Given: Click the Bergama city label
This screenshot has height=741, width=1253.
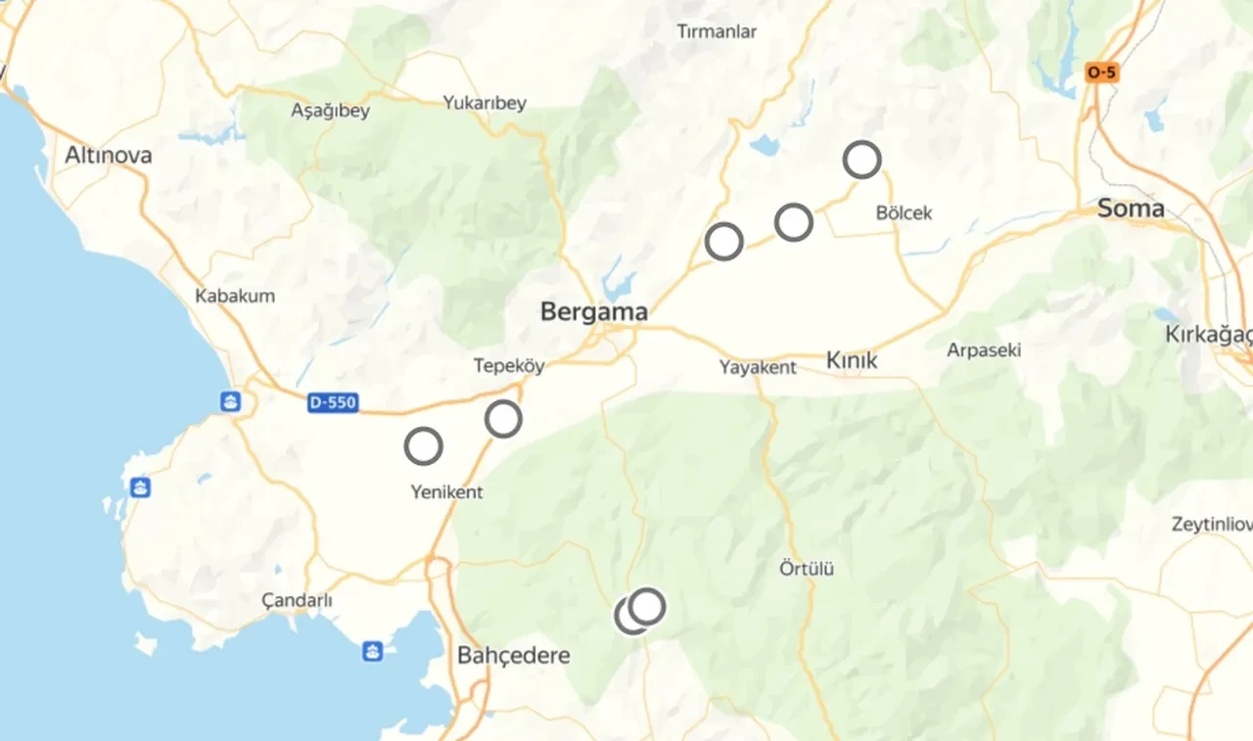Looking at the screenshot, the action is (x=593, y=312).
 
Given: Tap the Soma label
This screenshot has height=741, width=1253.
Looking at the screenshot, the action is (x=1131, y=208).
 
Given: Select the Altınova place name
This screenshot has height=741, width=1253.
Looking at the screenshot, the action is (x=109, y=156).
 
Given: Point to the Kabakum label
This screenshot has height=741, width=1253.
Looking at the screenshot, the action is (x=235, y=296).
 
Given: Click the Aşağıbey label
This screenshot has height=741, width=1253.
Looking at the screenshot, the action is (x=331, y=111).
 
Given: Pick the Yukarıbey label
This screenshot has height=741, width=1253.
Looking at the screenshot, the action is (x=485, y=103).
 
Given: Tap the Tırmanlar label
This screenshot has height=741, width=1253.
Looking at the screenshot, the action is (x=717, y=31).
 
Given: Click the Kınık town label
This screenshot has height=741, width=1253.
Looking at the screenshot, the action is (x=852, y=361).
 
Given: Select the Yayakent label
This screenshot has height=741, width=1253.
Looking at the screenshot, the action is (x=758, y=368).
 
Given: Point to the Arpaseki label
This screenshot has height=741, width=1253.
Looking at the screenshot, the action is (x=984, y=349).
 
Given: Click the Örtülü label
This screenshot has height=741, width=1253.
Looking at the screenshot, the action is (x=807, y=568).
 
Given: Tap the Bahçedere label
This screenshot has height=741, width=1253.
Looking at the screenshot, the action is (x=513, y=656).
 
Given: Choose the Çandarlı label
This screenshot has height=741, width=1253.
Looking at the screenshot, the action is (x=298, y=600).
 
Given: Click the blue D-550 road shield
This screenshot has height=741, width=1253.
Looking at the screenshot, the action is (x=333, y=402).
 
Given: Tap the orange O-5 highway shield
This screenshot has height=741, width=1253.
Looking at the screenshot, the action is (x=1101, y=72).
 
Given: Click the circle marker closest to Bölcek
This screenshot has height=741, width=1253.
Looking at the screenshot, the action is (x=862, y=159).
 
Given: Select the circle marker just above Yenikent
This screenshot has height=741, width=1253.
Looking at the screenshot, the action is (x=424, y=446).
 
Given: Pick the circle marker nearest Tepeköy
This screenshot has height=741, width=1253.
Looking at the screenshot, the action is (x=503, y=419).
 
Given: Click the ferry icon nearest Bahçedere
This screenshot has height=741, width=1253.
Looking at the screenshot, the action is (x=373, y=651).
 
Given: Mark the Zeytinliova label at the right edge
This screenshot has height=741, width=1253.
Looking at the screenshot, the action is (x=1212, y=525).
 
